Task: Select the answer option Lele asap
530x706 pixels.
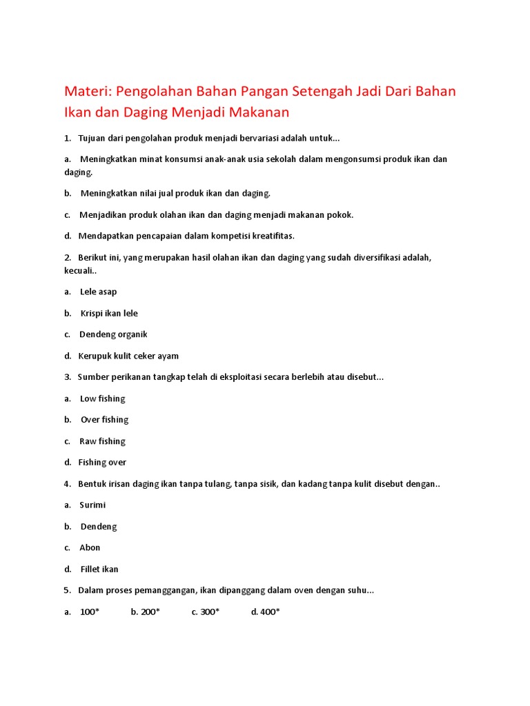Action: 98,292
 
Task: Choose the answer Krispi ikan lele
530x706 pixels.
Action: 109,313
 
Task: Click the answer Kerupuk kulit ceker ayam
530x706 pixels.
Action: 128,356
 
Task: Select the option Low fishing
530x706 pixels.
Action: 102,399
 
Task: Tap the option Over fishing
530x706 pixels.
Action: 104,420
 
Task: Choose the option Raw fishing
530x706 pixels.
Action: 102,441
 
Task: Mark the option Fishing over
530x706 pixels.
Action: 102,463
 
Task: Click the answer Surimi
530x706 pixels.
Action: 92,505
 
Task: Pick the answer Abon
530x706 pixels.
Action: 90,547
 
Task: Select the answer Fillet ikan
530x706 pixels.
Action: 99,569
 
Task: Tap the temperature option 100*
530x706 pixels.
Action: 90,612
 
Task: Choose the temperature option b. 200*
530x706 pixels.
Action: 146,612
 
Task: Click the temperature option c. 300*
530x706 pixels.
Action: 206,612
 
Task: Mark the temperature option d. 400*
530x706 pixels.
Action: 266,612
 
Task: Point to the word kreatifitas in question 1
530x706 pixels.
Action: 271,236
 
